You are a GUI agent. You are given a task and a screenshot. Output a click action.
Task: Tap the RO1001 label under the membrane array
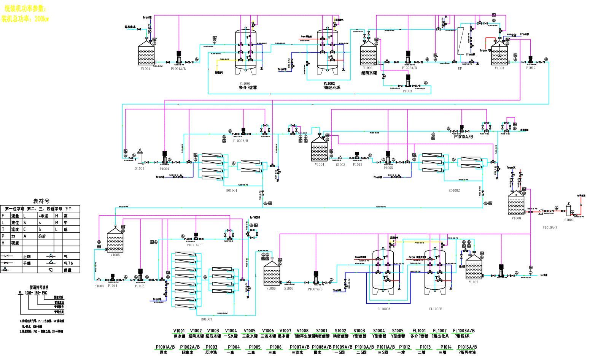pyautogui.click(x=232, y=190)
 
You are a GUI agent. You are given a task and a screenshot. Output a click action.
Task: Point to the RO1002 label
pyautogui.click(x=454, y=190)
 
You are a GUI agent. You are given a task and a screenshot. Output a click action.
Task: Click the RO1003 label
pyautogui.click(x=207, y=319)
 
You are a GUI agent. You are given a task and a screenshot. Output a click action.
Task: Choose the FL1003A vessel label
pyautogui.click(x=384, y=309)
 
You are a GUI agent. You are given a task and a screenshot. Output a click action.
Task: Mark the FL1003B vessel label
pyautogui.click(x=436, y=309)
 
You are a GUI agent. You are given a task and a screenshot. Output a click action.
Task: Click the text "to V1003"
pyautogui.click(x=255, y=217)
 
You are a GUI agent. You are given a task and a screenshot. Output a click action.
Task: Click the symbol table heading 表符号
pyautogui.click(x=41, y=201)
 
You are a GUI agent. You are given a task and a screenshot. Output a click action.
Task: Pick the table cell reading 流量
pyautogui.click(x=15, y=216)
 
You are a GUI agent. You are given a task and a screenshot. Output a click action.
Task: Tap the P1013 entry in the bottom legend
pyautogui.click(x=425, y=347)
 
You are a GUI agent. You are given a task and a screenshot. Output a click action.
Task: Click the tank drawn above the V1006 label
pyautogui.click(x=271, y=274)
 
